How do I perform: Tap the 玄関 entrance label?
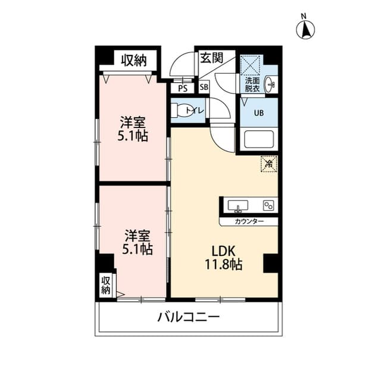point(211,58)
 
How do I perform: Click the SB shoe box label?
point(204,88)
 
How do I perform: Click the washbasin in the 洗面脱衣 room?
point(271,85)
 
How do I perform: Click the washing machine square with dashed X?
point(251,64)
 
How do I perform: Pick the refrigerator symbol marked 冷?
point(268,163)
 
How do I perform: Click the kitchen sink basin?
point(240,206)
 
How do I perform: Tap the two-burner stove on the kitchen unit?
point(268,206)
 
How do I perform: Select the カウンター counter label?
point(249,221)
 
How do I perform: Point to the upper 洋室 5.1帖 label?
point(133,129)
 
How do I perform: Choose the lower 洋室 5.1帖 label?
point(138,241)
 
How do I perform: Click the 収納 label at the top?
point(135,60)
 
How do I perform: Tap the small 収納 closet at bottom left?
point(106,285)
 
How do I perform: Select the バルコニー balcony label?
point(188,317)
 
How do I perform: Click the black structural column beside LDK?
point(270,263)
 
